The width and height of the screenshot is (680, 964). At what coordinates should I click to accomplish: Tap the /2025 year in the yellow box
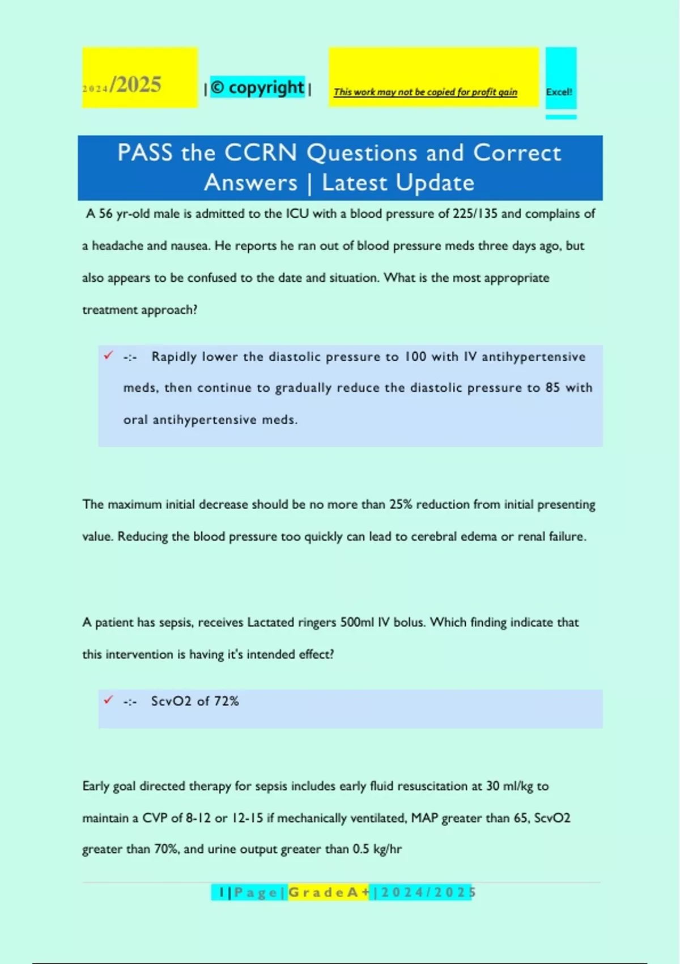(x=136, y=85)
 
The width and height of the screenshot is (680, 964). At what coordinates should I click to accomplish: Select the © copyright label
(x=257, y=87)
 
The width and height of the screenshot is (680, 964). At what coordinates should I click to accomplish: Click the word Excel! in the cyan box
(x=559, y=92)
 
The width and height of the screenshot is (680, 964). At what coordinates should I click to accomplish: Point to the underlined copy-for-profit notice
(x=425, y=92)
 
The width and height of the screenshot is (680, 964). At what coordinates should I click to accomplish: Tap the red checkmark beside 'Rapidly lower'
(x=108, y=356)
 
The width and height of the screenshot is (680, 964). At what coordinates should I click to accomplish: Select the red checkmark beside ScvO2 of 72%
(x=108, y=700)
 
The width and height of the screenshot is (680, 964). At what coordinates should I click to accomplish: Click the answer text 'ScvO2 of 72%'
(x=195, y=701)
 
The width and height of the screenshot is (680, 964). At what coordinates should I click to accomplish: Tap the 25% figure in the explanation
(x=401, y=505)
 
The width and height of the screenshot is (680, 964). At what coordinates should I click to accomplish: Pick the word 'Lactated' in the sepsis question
(x=270, y=623)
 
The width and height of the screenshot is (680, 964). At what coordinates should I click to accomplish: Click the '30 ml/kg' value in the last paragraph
(x=509, y=787)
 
